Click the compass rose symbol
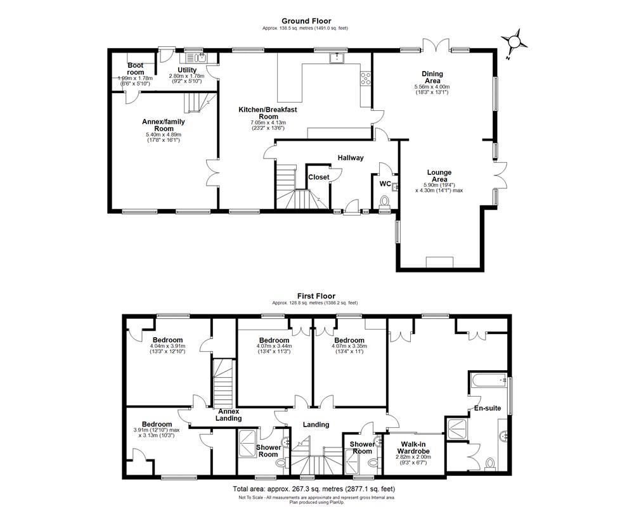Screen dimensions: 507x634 (x=514, y=42)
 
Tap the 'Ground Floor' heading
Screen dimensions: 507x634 (x=306, y=21)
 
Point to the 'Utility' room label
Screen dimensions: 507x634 (x=187, y=70)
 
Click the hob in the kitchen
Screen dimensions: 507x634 (x=366, y=78)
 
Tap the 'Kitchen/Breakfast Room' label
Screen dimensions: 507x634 (x=268, y=113)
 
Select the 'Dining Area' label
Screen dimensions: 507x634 (x=432, y=77)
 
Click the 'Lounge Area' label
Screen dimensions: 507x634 (x=439, y=176)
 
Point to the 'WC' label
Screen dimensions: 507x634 (x=385, y=184)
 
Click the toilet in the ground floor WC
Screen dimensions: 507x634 (x=384, y=202)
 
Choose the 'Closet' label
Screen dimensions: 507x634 (x=318, y=177)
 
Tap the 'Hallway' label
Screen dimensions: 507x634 (x=350, y=158)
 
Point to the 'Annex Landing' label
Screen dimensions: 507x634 (x=228, y=414)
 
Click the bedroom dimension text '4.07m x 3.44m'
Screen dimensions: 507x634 (x=274, y=346)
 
